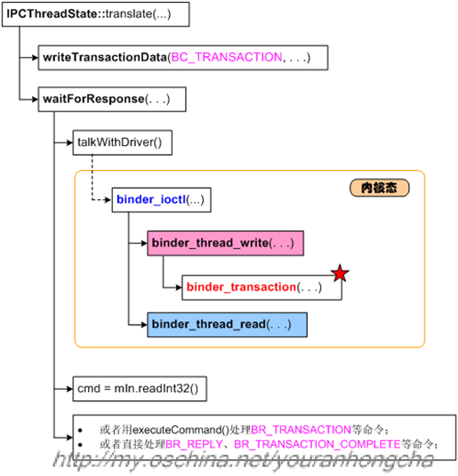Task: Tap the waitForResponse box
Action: coord(111,99)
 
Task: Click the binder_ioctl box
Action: coord(161,200)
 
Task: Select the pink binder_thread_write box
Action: coord(221,243)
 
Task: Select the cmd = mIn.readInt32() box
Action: coord(137,389)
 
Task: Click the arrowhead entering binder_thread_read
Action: coord(145,325)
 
